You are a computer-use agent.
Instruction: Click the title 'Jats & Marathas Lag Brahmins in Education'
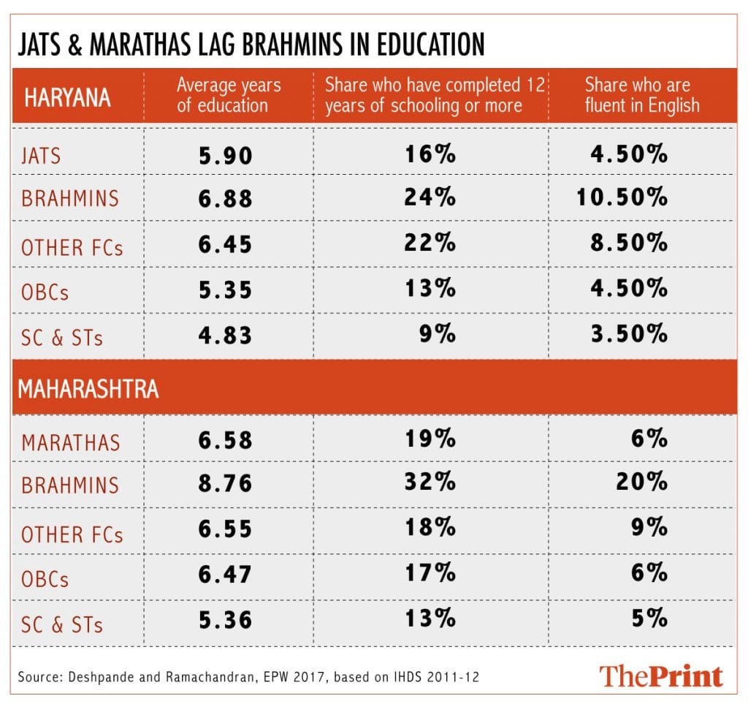(251, 44)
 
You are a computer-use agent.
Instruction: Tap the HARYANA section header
(67, 97)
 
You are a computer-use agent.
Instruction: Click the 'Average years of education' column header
(228, 95)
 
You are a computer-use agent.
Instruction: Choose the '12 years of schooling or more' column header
(434, 95)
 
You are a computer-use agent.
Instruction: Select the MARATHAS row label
(70, 442)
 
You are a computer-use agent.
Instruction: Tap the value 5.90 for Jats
(225, 155)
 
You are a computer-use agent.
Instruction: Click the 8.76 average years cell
(225, 483)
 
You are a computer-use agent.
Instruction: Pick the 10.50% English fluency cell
(622, 197)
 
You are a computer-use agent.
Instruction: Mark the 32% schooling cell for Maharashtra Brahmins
(431, 483)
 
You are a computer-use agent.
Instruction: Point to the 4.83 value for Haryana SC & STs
(225, 335)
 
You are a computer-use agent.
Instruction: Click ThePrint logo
(661, 676)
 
